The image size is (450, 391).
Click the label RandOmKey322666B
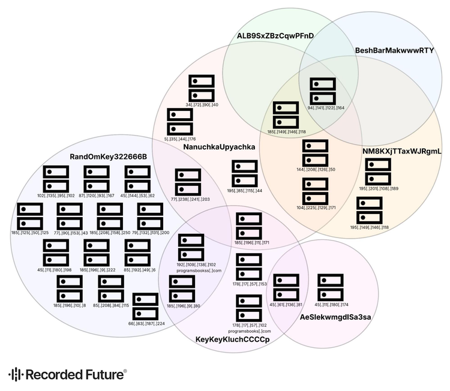[109, 157]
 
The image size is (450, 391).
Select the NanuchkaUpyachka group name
[220, 147]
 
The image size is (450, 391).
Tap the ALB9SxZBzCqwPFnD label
[275, 36]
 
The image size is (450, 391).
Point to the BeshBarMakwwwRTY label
[394, 50]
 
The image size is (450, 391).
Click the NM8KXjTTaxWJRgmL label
[402, 152]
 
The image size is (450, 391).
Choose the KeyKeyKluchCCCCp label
[233, 340]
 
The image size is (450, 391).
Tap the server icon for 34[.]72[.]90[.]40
[201, 88]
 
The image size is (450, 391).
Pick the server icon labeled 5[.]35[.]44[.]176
[179, 122]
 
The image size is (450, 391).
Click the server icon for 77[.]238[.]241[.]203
[188, 182]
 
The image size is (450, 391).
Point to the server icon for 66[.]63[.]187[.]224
[145, 307]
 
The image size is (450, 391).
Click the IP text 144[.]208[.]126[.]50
[316, 170]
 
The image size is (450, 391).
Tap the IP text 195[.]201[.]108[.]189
[379, 188]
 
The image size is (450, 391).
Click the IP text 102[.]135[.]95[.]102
[56, 195]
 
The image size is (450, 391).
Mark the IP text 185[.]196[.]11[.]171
[252, 243]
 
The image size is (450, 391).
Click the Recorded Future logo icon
[16, 374]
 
